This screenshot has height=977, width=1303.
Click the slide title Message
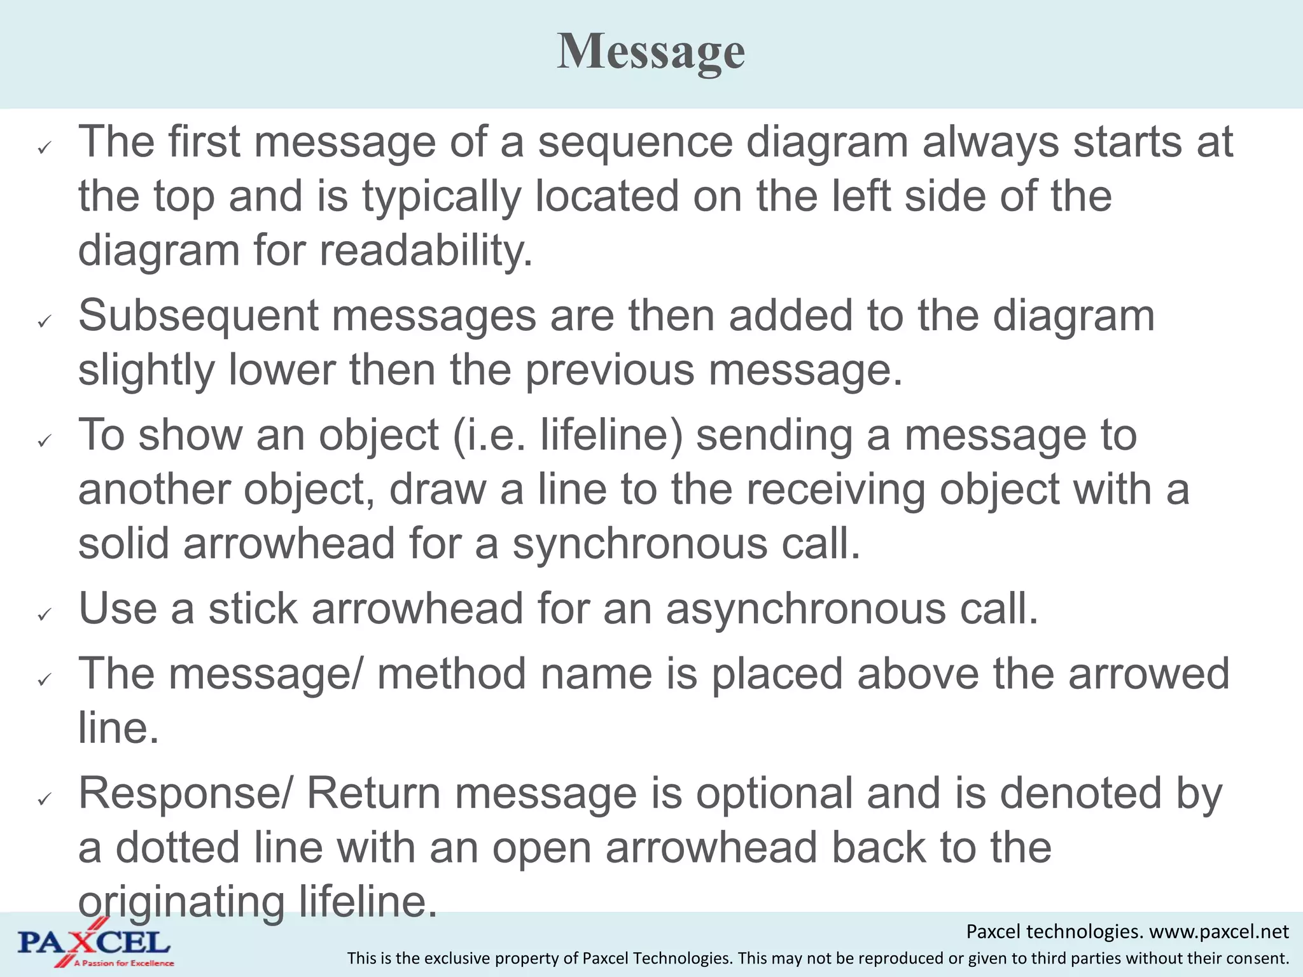(651, 52)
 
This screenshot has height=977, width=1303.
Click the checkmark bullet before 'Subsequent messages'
(44, 322)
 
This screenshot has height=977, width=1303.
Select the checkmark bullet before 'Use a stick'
(44, 614)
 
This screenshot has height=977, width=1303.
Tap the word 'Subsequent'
(198, 316)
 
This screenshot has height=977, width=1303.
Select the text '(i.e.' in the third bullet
(489, 436)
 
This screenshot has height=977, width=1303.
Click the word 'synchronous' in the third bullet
(640, 544)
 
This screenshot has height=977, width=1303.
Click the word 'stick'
(253, 609)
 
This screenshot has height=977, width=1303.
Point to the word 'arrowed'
(1148, 674)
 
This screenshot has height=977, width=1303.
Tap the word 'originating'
(181, 903)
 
